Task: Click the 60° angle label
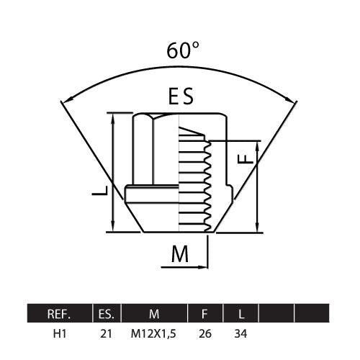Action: pos(183,50)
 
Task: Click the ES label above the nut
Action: pos(181,96)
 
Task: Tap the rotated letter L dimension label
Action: pos(100,191)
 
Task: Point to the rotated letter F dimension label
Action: pos(246,159)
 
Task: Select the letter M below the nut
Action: pos(180,254)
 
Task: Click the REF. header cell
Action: pos(59,314)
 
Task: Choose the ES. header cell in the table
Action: pos(107,314)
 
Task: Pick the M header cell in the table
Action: pos(154,314)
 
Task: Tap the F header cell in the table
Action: pos(205,314)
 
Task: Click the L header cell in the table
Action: pos(240,314)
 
